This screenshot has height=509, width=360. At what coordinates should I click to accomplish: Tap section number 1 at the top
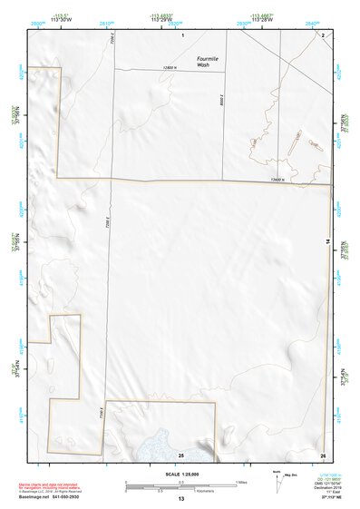182,34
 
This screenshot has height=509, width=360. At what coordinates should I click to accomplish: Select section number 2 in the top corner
324,34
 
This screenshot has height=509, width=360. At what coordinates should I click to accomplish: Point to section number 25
181,454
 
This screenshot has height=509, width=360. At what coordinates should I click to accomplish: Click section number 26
323,454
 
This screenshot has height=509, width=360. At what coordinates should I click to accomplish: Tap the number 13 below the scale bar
181,499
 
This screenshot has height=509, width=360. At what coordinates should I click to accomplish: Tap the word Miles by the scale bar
242,481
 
